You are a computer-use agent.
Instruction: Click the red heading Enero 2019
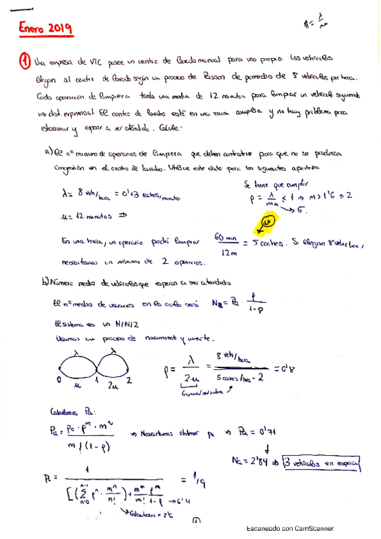[x=44, y=29]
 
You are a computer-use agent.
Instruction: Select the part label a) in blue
[x=48, y=153]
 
